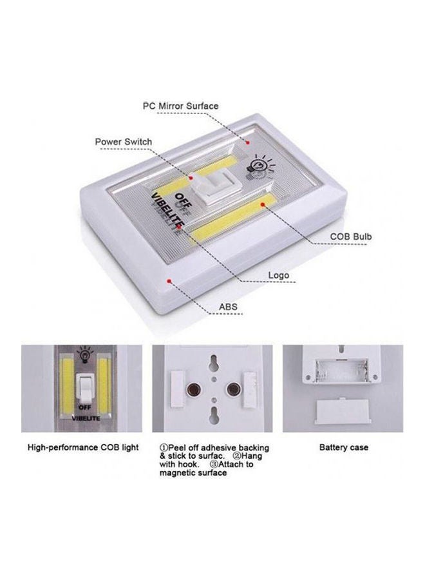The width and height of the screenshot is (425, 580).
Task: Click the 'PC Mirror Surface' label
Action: coord(180,106)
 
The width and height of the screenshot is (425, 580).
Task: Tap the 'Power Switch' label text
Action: coord(124,142)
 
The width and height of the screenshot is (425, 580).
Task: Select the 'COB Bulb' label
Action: coord(351,237)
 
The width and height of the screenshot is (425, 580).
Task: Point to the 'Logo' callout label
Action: coord(278,275)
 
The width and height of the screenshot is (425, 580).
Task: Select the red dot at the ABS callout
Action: coord(167,281)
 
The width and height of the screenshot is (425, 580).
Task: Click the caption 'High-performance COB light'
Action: coord(82,447)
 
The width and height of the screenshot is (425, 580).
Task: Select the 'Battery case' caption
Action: coord(344,447)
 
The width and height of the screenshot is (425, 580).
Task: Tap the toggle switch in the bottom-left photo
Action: coord(82,387)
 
